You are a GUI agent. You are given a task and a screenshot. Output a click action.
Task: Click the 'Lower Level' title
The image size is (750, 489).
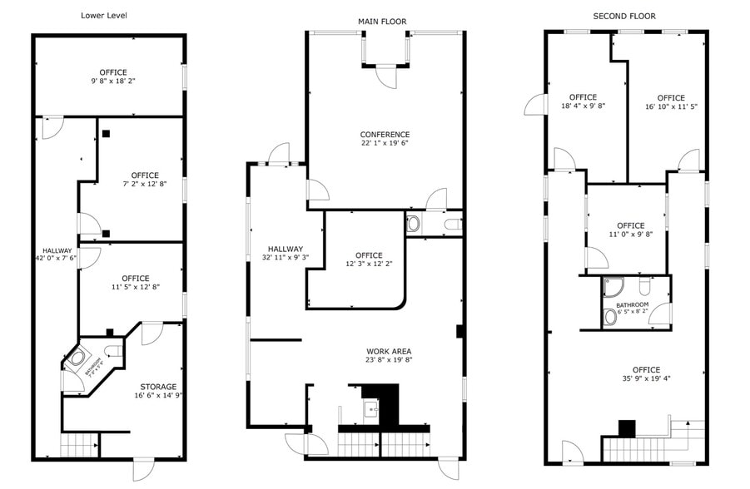[104, 15]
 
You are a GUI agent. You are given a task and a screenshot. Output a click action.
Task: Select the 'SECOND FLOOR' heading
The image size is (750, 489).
[623, 16]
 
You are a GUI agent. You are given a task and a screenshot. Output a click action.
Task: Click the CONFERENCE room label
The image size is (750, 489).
[385, 135]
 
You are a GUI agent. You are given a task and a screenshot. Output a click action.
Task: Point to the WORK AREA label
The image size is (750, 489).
[389, 351]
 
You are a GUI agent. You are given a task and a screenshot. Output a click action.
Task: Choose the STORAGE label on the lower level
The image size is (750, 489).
[158, 387]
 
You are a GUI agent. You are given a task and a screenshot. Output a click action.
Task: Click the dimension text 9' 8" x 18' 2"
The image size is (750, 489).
[113, 81]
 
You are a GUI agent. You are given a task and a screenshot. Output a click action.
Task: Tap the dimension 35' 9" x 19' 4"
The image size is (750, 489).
[646, 378]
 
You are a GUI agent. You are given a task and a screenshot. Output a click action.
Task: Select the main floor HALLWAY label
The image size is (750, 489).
[285, 249]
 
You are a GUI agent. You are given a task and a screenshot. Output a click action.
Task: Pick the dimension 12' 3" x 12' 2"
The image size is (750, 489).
[369, 264]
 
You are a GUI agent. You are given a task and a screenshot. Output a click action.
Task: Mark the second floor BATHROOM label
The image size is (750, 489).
[633, 304]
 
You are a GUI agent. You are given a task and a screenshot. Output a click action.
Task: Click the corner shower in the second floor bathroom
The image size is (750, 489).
[611, 287]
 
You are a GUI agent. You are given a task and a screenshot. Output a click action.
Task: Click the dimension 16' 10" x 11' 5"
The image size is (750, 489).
[670, 106]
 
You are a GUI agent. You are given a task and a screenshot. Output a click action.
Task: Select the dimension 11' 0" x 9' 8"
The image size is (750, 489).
[631, 235]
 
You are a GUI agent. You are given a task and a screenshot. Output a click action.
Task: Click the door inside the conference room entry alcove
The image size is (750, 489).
[386, 77]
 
